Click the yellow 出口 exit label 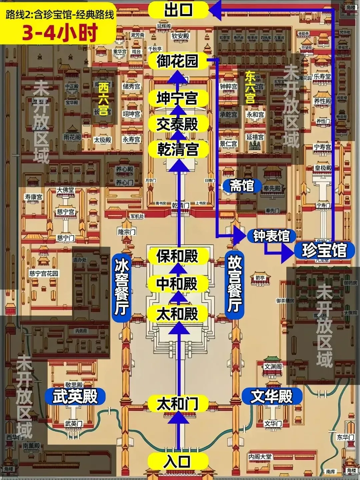tap(178, 9)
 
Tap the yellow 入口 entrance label tap(178, 462)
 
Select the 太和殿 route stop tap(178, 314)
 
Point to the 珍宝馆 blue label tap(324, 250)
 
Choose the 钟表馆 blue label tap(271, 236)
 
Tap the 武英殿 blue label tap(75, 396)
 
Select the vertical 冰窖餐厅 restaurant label tap(121, 288)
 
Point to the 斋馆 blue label tap(242, 186)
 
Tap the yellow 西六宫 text tap(103, 99)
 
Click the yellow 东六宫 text tap(250, 88)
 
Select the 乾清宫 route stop tap(178, 149)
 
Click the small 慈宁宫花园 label tap(44, 274)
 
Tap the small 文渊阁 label tap(273, 367)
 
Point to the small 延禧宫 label tap(255, 137)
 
